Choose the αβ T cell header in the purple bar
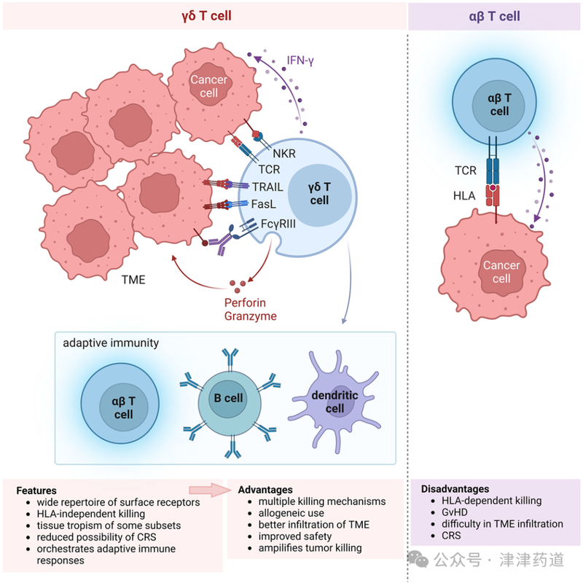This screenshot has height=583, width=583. (x=495, y=15)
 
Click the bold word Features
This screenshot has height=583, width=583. (x=36, y=490)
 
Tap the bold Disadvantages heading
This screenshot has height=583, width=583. (x=455, y=489)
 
